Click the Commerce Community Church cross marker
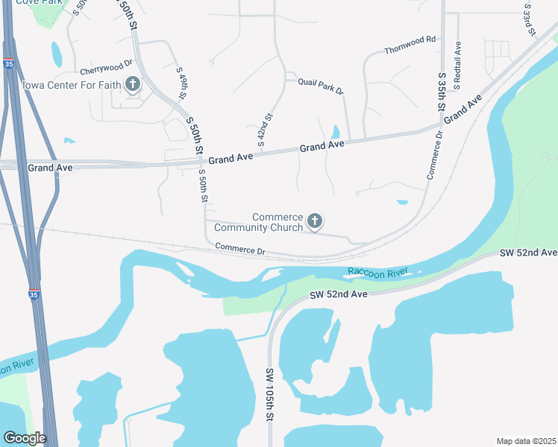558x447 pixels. pyautogui.click(x=315, y=221)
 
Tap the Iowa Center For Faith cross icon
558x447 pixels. pyautogui.click(x=133, y=83)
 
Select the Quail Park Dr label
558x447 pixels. pyautogui.click(x=320, y=86)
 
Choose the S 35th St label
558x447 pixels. pyautogui.click(x=442, y=94)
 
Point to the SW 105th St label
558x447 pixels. pyautogui.click(x=271, y=395)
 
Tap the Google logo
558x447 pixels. pyautogui.click(x=25, y=438)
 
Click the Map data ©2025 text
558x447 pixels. pyautogui.click(x=526, y=441)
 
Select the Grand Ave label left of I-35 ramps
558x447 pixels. pyautogui.click(x=50, y=168)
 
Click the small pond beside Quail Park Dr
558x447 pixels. pyautogui.click(x=335, y=132)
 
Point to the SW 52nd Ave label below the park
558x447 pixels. pyautogui.click(x=339, y=295)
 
